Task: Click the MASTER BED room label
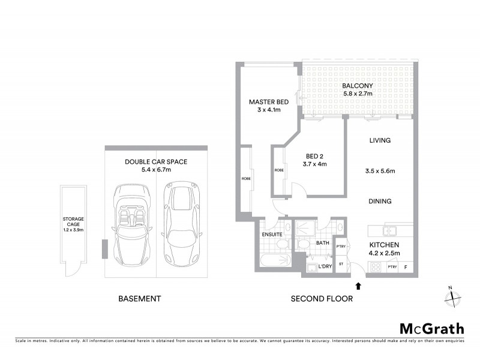click(265, 102)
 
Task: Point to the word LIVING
click(380, 140)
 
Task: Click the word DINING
click(380, 202)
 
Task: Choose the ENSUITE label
click(272, 234)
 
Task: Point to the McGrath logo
click(431, 328)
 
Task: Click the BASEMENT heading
click(139, 298)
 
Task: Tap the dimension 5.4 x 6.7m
click(156, 170)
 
